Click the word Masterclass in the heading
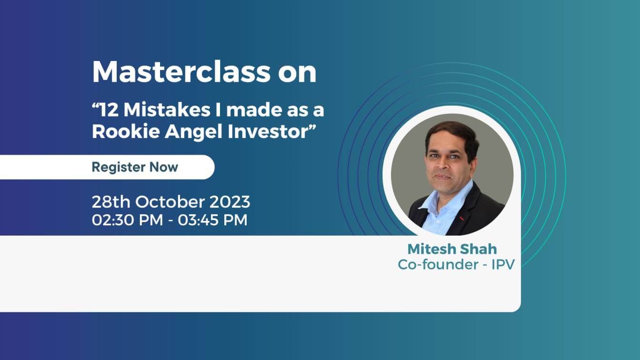click(181, 72)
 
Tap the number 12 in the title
click(107, 110)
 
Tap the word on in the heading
click(300, 72)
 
